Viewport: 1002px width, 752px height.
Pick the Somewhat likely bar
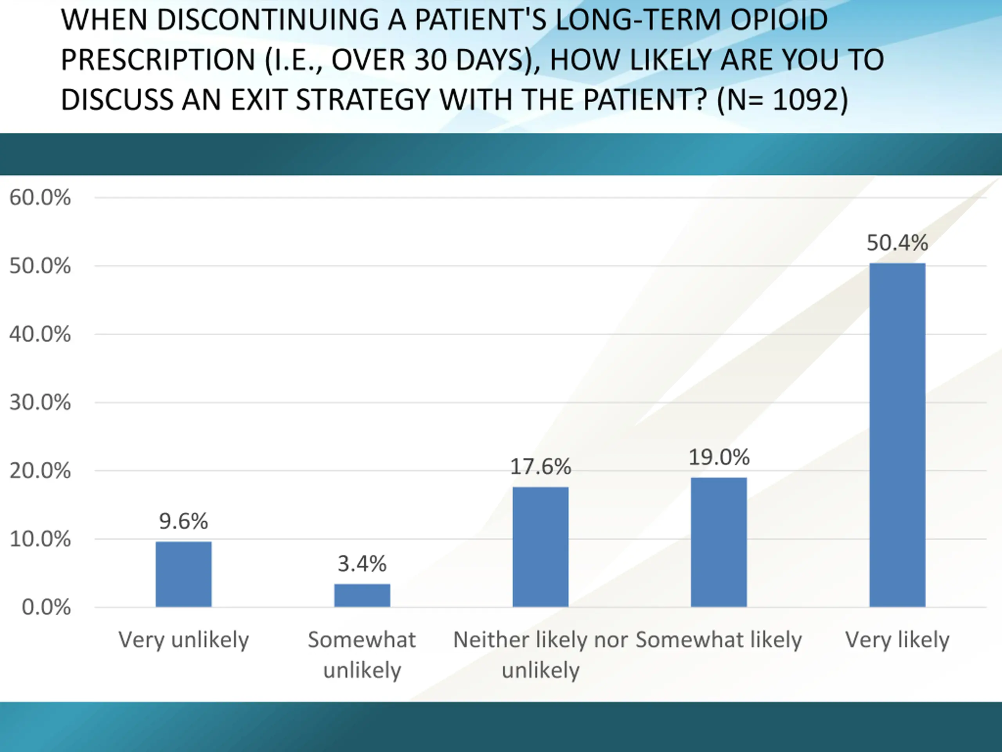coord(719,542)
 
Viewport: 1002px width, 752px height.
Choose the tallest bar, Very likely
coord(897,435)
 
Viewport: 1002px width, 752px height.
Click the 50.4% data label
coord(897,243)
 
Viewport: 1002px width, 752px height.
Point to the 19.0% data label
coord(719,457)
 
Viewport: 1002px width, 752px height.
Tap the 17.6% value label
coord(541,467)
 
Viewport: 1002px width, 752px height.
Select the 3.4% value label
coord(362,564)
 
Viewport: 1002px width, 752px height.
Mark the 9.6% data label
coord(184,521)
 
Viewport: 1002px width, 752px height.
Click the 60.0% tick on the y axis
coord(40,198)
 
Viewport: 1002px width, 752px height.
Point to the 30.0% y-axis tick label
coord(40,403)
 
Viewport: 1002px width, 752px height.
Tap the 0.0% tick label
coord(46,607)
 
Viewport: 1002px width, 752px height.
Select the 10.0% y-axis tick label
coord(40,539)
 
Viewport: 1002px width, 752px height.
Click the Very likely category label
coord(897,640)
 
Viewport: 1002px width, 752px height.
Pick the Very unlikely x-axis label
coord(184,640)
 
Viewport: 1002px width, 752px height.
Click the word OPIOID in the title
coord(779,20)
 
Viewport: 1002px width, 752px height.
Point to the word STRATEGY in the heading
coord(362,100)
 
